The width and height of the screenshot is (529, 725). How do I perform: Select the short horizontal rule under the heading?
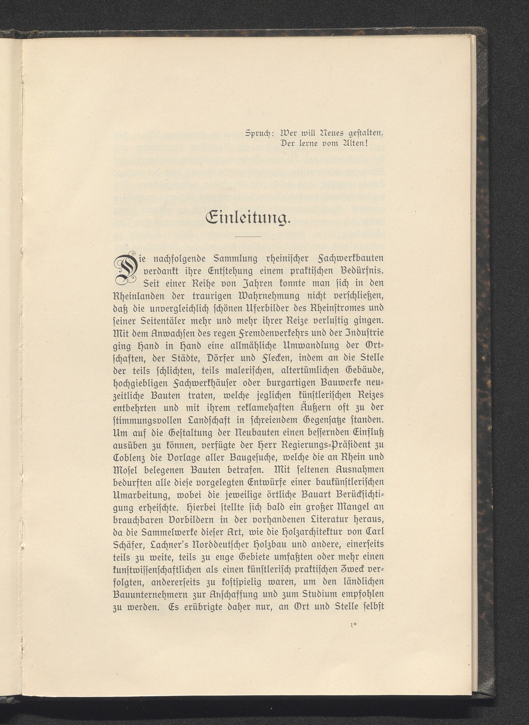[x=248, y=236]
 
